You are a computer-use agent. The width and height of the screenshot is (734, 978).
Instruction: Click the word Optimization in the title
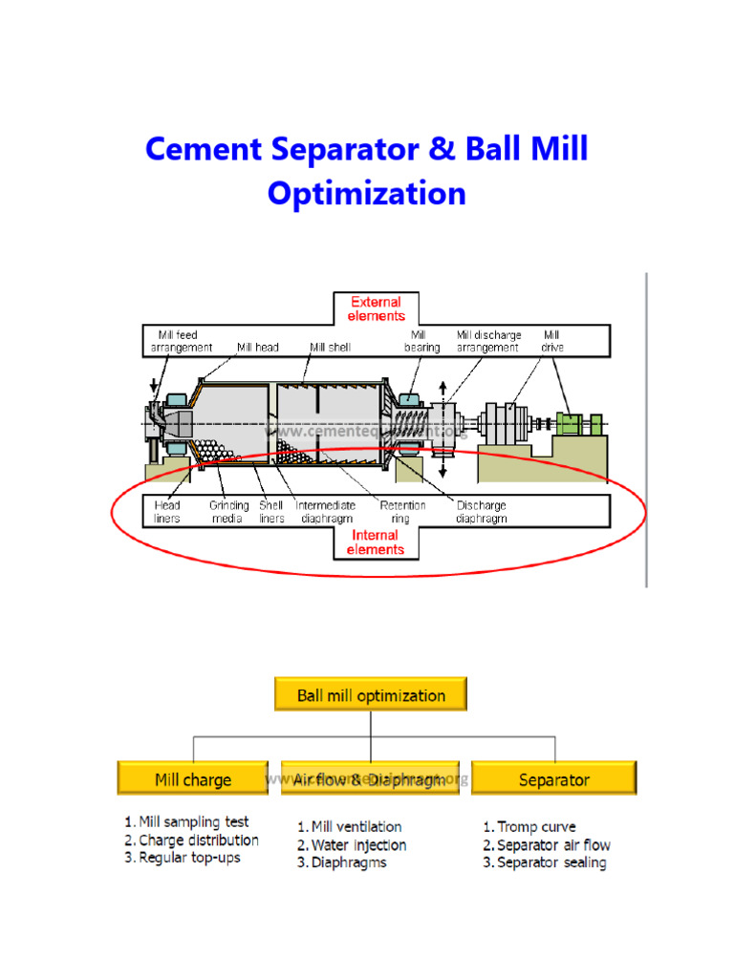[367, 194]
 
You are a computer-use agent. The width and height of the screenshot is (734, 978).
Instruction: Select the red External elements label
[376, 308]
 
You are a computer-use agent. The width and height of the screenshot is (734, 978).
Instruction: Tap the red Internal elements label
[376, 542]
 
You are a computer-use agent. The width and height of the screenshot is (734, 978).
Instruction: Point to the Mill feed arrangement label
[182, 342]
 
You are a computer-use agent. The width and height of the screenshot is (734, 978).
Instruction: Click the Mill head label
[258, 348]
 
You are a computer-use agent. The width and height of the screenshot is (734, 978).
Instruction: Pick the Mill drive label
[551, 342]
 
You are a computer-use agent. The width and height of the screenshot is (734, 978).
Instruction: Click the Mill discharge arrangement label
[488, 342]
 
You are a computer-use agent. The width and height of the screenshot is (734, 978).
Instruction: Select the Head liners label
[166, 512]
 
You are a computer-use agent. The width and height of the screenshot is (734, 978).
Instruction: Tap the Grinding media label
[229, 512]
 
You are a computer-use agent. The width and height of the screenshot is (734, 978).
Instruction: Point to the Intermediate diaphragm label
[325, 512]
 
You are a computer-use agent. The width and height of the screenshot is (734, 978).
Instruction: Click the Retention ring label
[402, 512]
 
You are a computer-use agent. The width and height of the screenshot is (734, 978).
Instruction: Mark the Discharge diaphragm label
[482, 512]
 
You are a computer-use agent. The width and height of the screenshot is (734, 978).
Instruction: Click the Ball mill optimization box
[371, 695]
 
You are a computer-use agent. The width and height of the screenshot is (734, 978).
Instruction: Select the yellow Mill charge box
[193, 779]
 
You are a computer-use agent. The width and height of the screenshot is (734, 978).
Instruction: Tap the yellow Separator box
[553, 779]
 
